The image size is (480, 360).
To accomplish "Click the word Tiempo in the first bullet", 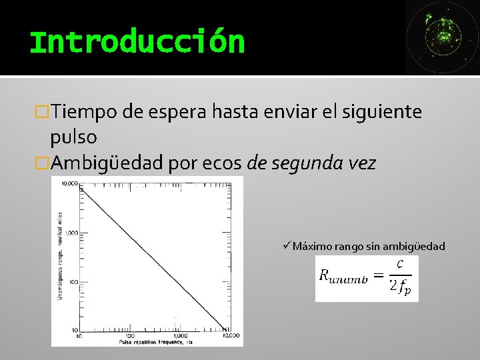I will [85, 111].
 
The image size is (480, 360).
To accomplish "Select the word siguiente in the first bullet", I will [382, 111].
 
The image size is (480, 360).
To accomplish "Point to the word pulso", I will [73, 137].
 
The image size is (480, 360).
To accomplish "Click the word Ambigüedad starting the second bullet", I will [107, 163].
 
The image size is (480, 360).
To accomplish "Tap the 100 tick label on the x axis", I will [125, 335].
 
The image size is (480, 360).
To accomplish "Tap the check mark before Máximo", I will [286, 246].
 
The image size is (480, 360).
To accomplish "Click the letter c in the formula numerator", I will [399, 264].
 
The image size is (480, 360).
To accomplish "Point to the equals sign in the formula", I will [377, 275].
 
